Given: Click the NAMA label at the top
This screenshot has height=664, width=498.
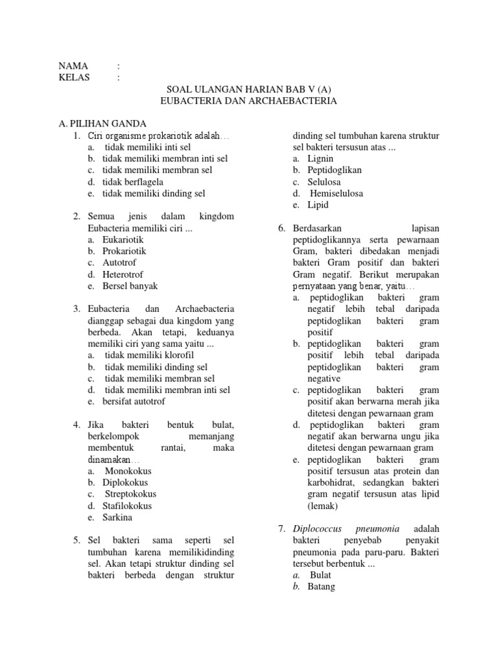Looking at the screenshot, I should coord(72,66).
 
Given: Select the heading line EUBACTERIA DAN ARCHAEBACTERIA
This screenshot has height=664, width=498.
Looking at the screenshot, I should coord(248,101).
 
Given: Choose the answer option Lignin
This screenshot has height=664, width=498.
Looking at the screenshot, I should coord(320,158).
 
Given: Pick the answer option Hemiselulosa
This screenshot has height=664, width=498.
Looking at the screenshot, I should coord(336,193).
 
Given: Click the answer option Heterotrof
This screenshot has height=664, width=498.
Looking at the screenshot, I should coord(123,274).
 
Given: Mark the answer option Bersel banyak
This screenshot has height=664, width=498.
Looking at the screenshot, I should coord(130,286).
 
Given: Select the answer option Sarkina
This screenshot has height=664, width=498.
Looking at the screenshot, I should coord(118,517).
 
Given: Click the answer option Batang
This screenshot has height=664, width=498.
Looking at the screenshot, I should coord(322,587).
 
